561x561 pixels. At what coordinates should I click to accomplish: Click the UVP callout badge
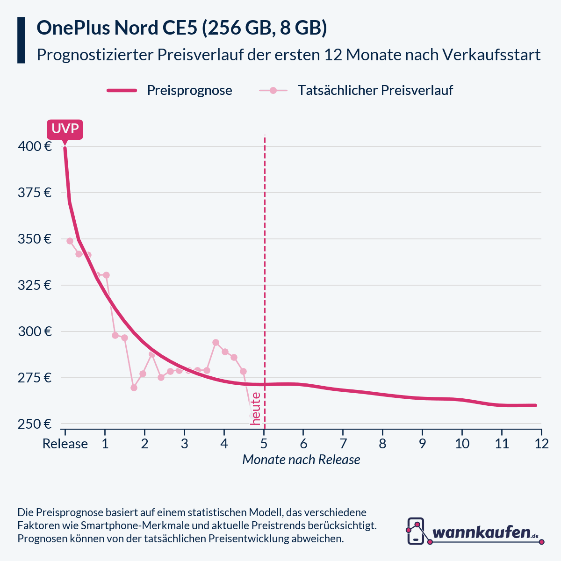(65, 129)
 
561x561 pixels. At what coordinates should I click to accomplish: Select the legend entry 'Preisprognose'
(189, 90)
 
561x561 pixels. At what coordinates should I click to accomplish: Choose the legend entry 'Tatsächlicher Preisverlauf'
(375, 90)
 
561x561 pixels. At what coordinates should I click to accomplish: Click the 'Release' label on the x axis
(65, 444)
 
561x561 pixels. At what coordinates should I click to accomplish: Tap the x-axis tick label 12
(541, 444)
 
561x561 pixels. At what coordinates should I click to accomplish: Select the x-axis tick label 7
(343, 444)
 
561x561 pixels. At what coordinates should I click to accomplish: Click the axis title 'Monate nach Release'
(301, 460)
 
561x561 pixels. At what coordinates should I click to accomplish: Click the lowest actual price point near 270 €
(134, 388)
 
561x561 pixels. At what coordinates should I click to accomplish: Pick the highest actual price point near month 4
(216, 342)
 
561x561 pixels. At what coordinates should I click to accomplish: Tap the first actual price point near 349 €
(70, 241)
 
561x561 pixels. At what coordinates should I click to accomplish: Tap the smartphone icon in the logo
(416, 531)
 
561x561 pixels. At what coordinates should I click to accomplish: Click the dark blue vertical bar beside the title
(21, 40)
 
